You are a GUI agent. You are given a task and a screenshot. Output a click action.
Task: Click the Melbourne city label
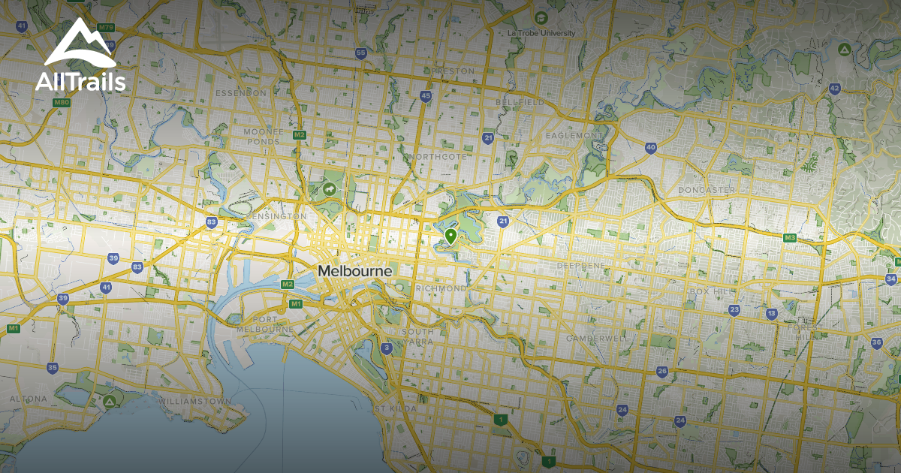point(354,270)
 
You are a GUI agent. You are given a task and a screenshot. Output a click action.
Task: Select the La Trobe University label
point(541,33)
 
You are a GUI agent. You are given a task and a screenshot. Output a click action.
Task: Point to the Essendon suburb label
point(240,93)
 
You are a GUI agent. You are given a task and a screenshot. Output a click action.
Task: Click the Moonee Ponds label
point(264,135)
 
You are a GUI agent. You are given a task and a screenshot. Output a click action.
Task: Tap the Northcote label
point(434,156)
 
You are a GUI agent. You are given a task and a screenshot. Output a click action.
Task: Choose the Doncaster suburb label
point(707,190)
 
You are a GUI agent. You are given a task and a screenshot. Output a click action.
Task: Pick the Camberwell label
point(597,339)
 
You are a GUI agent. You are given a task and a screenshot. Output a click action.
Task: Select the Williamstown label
point(194,402)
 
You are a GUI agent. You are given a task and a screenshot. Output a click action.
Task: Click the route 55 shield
point(361,53)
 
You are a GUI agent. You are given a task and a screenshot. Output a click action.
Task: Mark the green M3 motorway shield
point(789,238)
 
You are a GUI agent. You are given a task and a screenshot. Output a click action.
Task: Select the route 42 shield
point(834,89)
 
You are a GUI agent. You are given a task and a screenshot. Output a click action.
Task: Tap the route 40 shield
point(650,148)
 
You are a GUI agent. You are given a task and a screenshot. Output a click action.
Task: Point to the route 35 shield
point(52,368)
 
